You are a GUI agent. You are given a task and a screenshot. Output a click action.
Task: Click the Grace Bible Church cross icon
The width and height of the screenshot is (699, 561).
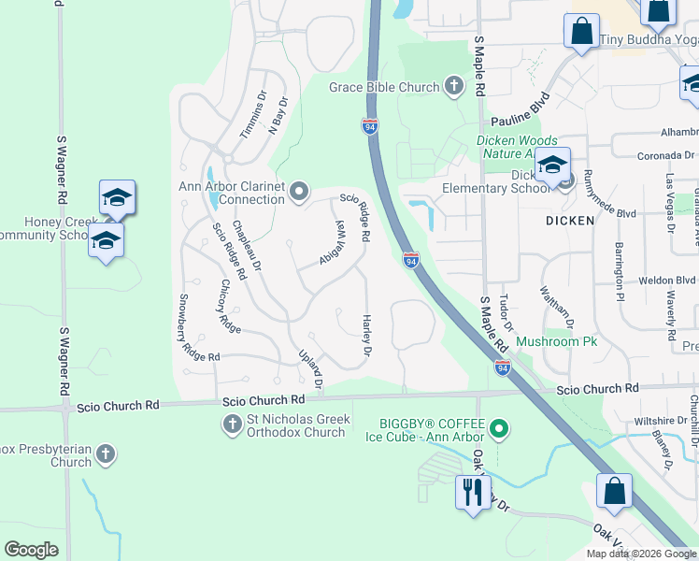click(x=453, y=88)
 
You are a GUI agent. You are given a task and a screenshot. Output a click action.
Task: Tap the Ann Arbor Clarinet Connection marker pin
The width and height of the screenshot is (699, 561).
click(x=299, y=192)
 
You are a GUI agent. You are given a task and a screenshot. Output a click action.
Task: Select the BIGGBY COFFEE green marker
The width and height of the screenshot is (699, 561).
click(x=500, y=429)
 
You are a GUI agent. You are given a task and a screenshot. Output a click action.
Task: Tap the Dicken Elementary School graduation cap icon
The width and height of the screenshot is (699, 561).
click(x=552, y=165)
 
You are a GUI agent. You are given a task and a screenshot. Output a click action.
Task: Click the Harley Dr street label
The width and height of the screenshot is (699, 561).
click(x=366, y=335)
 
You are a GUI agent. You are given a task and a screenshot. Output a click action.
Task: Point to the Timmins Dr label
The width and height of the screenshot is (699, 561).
click(x=252, y=119)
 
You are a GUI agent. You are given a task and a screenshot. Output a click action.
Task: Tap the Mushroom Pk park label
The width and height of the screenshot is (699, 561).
click(x=557, y=342)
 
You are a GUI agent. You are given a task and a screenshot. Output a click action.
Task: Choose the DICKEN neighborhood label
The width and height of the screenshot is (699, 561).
click(x=570, y=221)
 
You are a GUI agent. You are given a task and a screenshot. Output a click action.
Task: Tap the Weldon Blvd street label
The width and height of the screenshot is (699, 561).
click(x=667, y=280)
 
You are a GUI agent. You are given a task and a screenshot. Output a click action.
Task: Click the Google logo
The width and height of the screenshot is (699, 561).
click(x=31, y=550)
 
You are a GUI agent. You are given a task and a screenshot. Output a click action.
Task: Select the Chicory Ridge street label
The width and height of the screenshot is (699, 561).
click(x=231, y=306)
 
